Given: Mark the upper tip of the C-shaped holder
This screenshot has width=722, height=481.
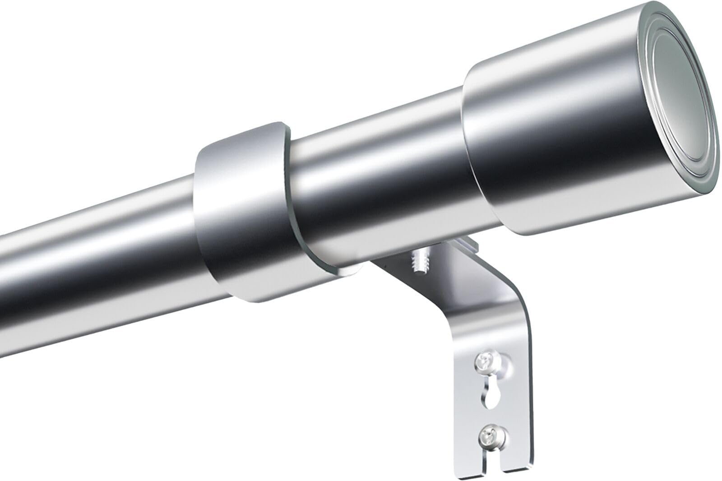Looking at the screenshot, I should (x=275, y=129).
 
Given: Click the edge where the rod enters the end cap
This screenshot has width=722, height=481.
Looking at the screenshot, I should (x=465, y=149).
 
